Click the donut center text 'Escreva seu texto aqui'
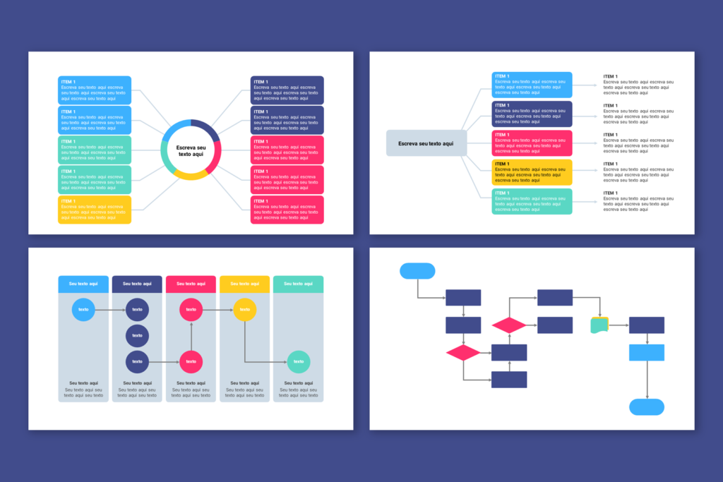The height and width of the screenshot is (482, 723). pyautogui.click(x=191, y=150)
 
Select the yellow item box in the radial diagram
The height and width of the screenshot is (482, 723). pyautogui.click(x=95, y=210)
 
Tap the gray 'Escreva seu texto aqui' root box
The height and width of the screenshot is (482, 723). pyautogui.click(x=426, y=143)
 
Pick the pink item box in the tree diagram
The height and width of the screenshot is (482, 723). pyautogui.click(x=532, y=143)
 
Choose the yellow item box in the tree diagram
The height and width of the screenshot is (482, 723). pyautogui.click(x=532, y=172)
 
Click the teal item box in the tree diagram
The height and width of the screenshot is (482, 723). pyautogui.click(x=532, y=201)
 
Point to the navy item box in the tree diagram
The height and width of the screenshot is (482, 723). pyautogui.click(x=532, y=114)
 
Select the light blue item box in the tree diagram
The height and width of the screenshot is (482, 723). pyautogui.click(x=532, y=85)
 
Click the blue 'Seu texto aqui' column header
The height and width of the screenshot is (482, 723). pyautogui.click(x=83, y=284)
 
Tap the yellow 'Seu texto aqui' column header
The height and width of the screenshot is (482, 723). pyautogui.click(x=244, y=284)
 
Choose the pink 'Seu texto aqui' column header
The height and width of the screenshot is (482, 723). pyautogui.click(x=191, y=284)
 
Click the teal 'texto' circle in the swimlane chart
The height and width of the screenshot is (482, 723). pyautogui.click(x=298, y=362)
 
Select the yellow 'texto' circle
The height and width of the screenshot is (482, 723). pyautogui.click(x=244, y=309)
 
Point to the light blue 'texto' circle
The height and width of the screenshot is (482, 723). pyautogui.click(x=83, y=309)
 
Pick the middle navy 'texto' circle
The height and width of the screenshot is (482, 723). pyautogui.click(x=137, y=335)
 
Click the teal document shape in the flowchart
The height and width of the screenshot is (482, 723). pyautogui.click(x=599, y=325)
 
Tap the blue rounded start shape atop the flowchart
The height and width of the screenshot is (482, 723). pyautogui.click(x=417, y=270)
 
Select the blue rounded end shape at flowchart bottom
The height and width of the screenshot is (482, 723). pyautogui.click(x=647, y=406)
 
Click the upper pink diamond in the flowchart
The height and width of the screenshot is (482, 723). pyautogui.click(x=509, y=325)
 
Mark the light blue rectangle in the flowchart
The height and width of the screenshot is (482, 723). pyautogui.click(x=647, y=352)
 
